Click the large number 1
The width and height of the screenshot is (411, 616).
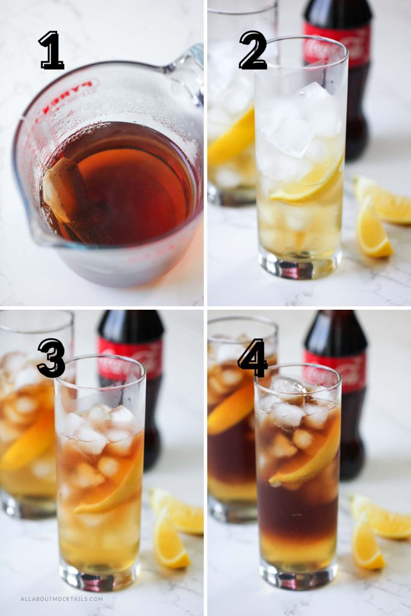pos(52,51)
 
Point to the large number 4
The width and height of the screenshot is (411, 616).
pos(253,358)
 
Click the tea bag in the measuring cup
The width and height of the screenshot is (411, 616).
pos(65,192)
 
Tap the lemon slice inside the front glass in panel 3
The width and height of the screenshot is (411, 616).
pos(114,493)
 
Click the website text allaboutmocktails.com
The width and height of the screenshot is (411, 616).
pos(62,599)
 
